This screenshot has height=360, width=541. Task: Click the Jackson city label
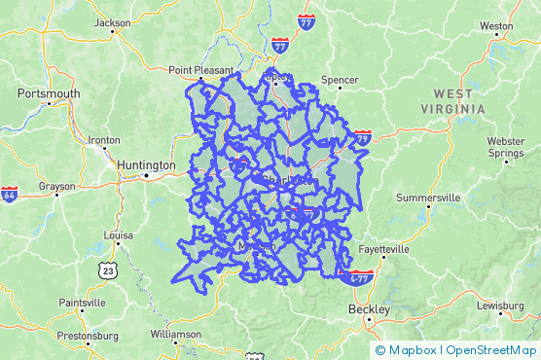pos(113,22)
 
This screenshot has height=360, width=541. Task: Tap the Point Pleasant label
pos(200,70)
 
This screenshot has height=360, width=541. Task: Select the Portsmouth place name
pos(49,93)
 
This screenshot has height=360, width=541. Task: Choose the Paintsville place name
pos(82,303)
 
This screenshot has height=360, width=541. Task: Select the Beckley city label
pos(370,309)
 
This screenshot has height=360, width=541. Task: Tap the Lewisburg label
pos(500,306)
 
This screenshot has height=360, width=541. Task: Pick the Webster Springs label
pos(505,147)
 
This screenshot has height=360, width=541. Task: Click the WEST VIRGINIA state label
pos(453,101)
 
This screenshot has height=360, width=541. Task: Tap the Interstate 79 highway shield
pos(362,138)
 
